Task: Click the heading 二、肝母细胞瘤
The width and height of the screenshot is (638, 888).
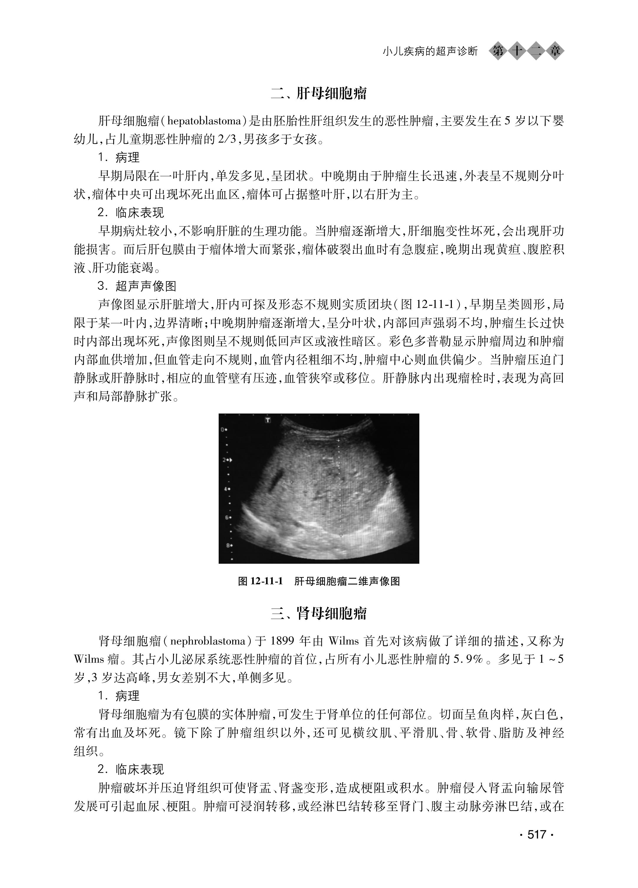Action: point(319,94)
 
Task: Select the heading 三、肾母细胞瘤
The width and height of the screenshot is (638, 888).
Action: point(319,614)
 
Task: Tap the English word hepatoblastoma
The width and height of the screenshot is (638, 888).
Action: point(204,121)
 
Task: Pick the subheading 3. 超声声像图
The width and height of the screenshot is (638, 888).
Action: point(137,286)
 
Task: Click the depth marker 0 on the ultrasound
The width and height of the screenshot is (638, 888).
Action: point(222,429)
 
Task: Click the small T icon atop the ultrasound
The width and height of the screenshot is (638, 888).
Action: point(268,420)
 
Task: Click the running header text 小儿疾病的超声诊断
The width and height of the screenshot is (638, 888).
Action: point(430,51)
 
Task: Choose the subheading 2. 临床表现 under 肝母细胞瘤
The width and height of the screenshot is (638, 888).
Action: point(131,213)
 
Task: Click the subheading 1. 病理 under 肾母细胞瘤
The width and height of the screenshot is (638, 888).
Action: point(119,696)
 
